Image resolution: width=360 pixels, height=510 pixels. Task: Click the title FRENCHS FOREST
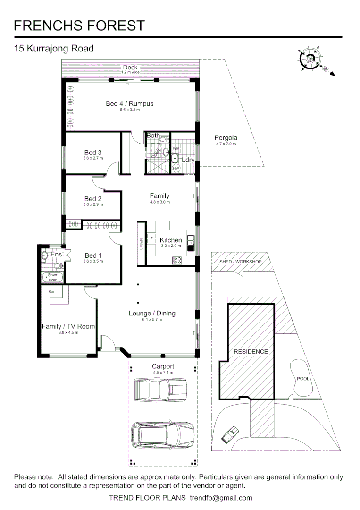pyautogui.click(x=79, y=25)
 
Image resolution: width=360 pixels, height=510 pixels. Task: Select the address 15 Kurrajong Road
pyautogui.click(x=54, y=48)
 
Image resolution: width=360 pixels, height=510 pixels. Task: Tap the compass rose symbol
pyautogui.click(x=310, y=59)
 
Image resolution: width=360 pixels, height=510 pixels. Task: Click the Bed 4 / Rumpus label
pyautogui.click(x=129, y=103)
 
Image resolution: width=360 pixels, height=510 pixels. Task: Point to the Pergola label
pyautogui.click(x=226, y=138)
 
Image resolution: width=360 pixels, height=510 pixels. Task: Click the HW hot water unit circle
pyautogui.click(x=176, y=169)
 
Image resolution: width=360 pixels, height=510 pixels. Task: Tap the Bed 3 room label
pyautogui.click(x=93, y=153)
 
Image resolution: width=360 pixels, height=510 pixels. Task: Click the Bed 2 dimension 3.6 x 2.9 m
pyautogui.click(x=93, y=204)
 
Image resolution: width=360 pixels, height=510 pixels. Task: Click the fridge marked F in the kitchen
pyautogui.click(x=152, y=238)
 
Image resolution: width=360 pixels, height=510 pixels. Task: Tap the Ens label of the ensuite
pyautogui.click(x=56, y=255)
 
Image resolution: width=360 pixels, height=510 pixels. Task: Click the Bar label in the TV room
pyautogui.click(x=51, y=292)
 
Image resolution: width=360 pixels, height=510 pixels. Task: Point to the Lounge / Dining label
pyautogui.click(x=152, y=313)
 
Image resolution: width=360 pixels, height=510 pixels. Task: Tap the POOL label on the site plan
pyautogui.click(x=302, y=379)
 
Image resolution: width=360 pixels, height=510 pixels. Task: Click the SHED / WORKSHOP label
pyautogui.click(x=240, y=262)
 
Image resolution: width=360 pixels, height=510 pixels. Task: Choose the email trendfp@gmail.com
pyautogui.click(x=221, y=498)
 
